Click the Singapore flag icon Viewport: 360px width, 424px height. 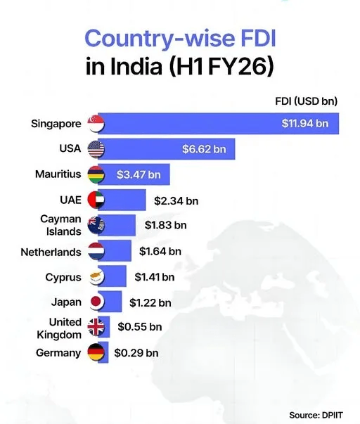point(96,124)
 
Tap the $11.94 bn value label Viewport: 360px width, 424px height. point(304,124)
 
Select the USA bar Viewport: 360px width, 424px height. point(169,148)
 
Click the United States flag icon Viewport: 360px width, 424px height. point(96,148)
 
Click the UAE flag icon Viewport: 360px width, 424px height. point(96,200)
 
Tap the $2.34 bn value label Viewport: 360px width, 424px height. point(176,200)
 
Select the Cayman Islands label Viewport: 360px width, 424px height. point(60,225)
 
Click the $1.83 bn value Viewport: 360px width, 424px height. point(165,225)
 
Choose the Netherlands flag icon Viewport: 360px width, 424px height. point(96,251)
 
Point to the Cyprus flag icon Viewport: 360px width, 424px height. point(96,276)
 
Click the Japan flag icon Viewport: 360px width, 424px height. point(96,302)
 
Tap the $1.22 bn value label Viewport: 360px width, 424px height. point(150,303)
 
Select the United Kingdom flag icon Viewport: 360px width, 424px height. point(96,327)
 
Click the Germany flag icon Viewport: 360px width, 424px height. point(96,352)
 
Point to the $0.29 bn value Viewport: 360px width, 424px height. point(138,352)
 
